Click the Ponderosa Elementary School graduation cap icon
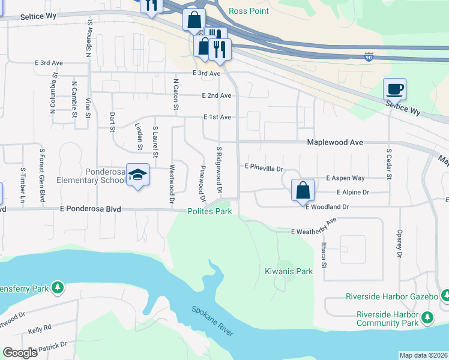point(137,175)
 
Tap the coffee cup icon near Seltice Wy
point(394,89)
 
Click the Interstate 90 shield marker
point(369,57)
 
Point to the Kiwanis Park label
point(289,271)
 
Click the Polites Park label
point(209,211)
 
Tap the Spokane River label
point(212,322)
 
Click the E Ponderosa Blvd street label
point(90,209)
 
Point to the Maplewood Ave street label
point(335,142)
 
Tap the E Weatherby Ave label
point(314,229)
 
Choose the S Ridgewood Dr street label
point(220,170)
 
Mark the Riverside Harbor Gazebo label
point(392,297)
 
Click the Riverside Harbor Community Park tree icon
point(427,317)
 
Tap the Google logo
point(20,353)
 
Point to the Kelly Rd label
point(40,329)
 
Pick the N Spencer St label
point(88,40)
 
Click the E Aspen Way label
point(345,178)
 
